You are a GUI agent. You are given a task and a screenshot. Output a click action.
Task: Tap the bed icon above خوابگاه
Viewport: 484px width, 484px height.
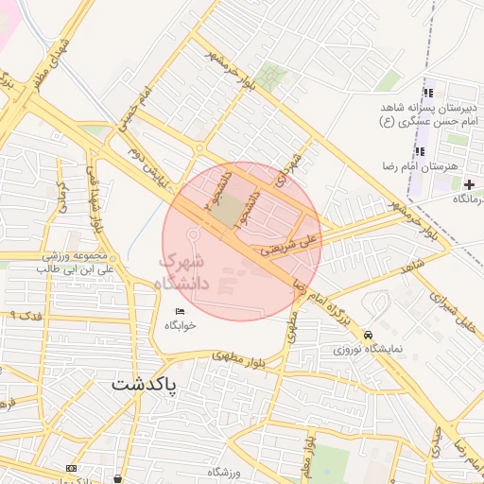pyautogui.click(x=181, y=312)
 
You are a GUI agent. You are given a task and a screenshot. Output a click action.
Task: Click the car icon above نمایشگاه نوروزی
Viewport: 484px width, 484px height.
pyautogui.click(x=368, y=334)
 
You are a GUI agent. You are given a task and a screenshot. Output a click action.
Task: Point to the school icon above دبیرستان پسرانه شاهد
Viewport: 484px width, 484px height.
pyautogui.click(x=428, y=94)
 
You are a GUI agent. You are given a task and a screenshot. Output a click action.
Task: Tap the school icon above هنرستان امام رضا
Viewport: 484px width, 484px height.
pyautogui.click(x=421, y=150)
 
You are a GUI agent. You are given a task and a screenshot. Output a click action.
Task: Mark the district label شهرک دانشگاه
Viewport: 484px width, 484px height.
pyautogui.click(x=176, y=270)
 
